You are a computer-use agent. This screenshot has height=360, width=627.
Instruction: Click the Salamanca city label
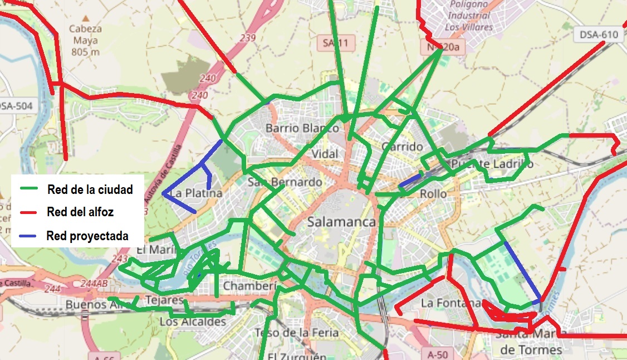(x=341, y=222)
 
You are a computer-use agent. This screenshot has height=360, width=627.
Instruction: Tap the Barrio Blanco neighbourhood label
(x=302, y=128)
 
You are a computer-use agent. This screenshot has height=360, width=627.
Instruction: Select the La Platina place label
(x=196, y=193)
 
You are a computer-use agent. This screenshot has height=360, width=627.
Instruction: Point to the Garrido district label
(x=403, y=147)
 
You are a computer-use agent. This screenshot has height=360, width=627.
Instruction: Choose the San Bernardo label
(x=285, y=182)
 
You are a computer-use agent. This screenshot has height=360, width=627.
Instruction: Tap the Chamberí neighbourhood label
(x=250, y=286)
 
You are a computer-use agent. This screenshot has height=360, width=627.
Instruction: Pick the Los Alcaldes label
(x=193, y=322)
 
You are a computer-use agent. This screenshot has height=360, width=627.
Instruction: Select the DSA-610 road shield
(x=599, y=35)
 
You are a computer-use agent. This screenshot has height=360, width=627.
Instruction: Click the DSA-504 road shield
(x=16, y=105)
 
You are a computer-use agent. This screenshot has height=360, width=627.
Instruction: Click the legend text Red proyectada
(x=87, y=236)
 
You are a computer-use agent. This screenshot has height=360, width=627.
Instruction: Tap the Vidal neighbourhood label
(x=325, y=154)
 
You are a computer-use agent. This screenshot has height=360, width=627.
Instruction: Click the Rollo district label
(x=433, y=194)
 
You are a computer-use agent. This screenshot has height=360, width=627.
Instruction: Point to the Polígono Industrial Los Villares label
(x=469, y=16)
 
